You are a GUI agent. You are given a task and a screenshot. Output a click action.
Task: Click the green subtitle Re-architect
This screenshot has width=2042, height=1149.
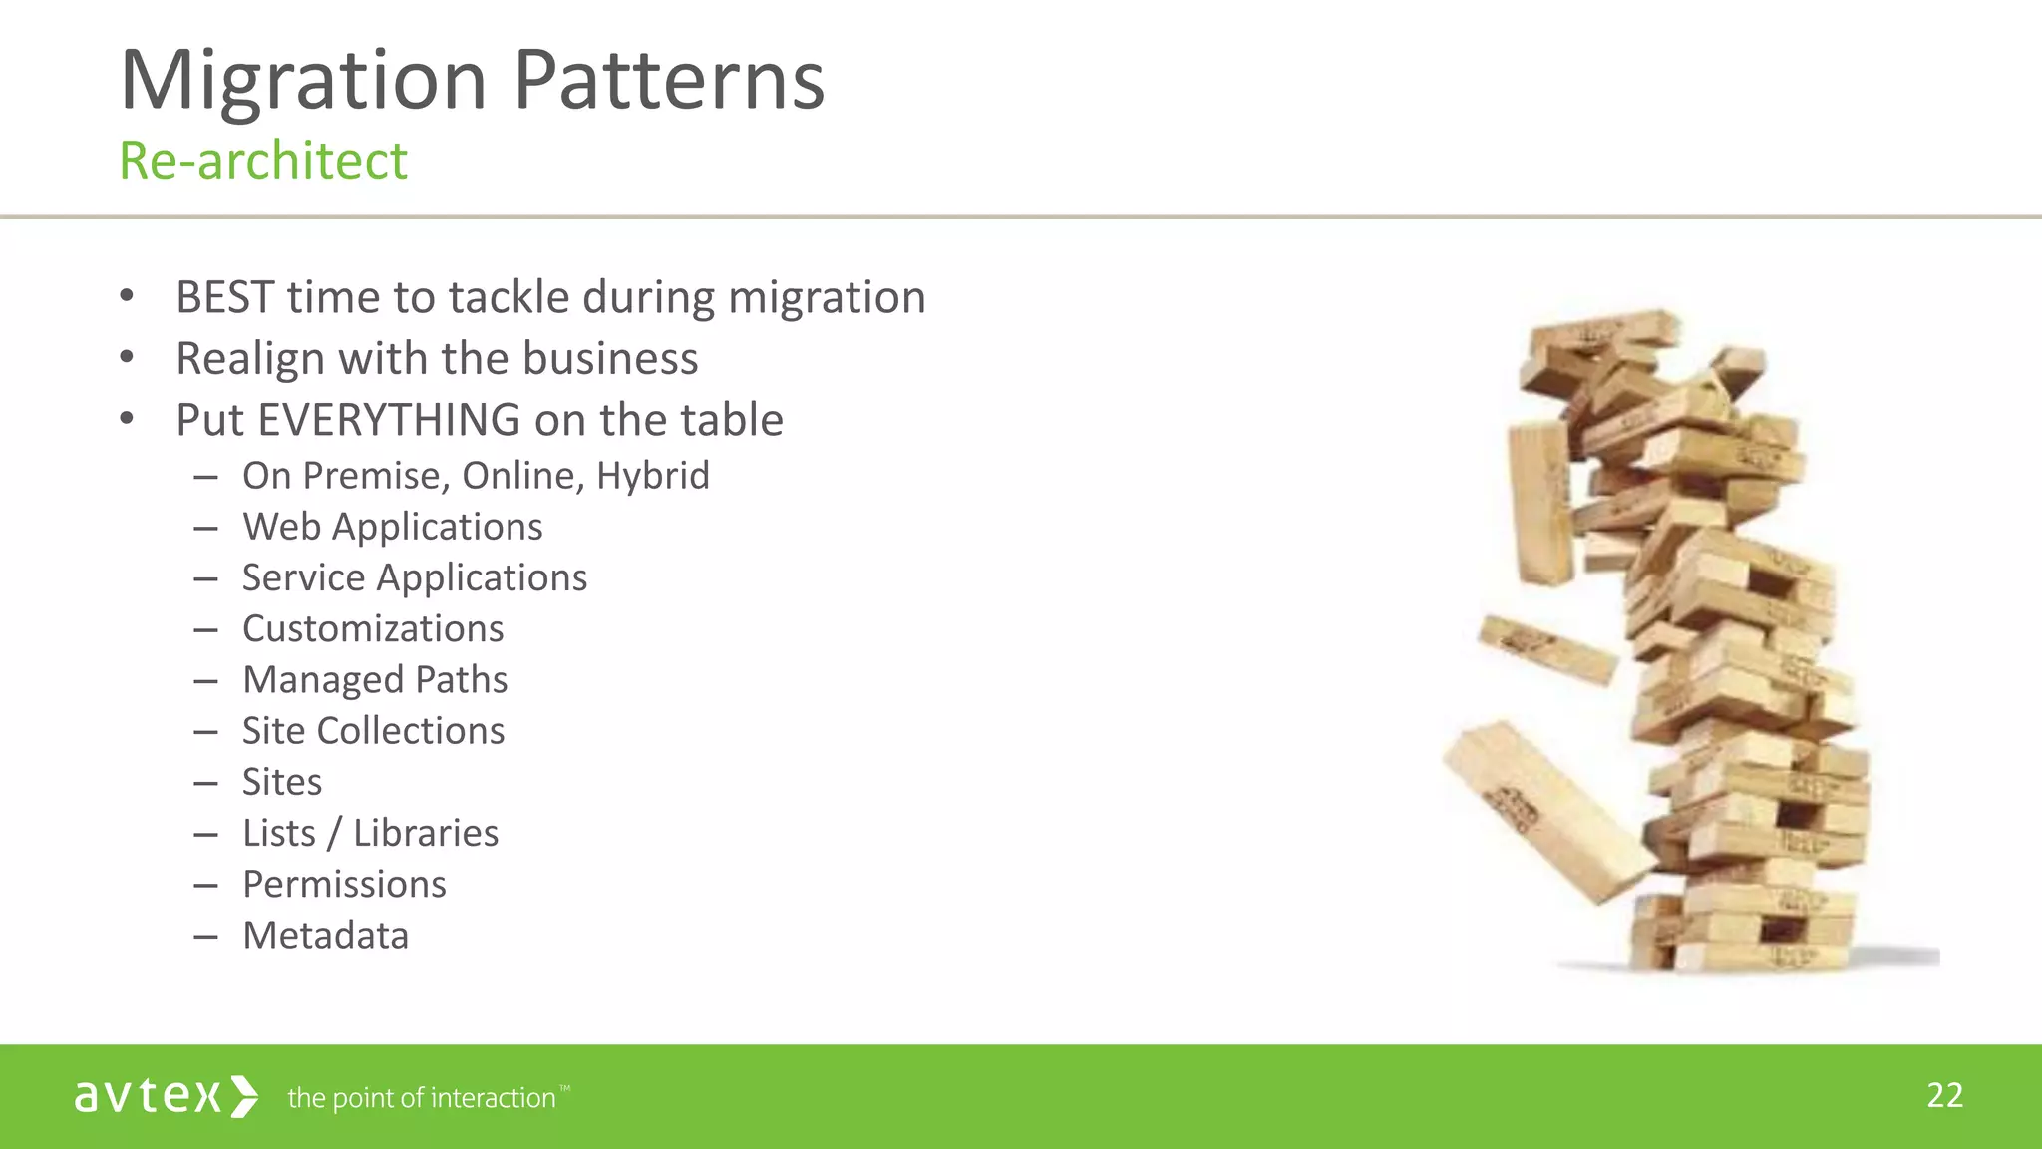(263, 161)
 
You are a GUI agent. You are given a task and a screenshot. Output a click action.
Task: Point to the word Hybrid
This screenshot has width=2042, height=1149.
(653, 476)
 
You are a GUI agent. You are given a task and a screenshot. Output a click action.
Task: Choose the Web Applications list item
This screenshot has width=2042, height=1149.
(393, 527)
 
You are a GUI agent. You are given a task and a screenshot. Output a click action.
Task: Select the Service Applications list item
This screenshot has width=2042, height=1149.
(415, 577)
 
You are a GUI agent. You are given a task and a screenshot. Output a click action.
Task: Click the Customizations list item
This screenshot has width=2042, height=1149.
(373, 629)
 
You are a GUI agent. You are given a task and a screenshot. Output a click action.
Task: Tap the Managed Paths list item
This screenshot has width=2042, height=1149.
(375, 680)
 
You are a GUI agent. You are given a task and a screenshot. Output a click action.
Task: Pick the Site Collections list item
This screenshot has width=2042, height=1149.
(373, 731)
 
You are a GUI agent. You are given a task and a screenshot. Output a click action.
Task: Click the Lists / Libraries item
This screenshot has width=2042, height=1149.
(370, 833)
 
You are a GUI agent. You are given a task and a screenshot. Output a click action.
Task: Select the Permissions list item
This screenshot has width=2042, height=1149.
(344, 885)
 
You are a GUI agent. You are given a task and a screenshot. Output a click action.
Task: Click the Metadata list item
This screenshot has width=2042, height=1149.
(325, 936)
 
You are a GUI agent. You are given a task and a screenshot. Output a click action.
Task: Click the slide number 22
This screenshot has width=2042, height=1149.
(1944, 1095)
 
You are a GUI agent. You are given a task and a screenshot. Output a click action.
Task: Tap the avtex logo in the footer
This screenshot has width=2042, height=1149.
(166, 1096)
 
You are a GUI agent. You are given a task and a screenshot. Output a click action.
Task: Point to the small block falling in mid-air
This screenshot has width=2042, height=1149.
(1546, 649)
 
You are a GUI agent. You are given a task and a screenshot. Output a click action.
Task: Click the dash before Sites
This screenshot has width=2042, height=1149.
(206, 784)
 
